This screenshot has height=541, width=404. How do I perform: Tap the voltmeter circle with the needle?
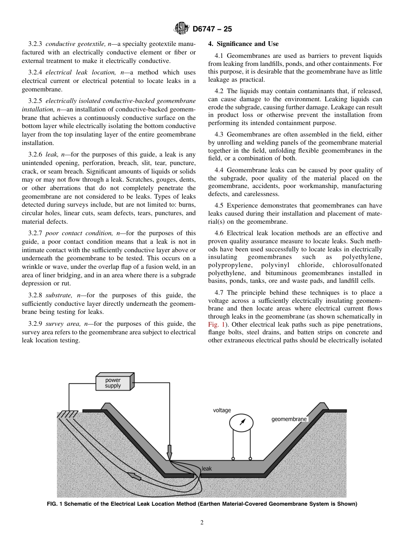coord(241,422)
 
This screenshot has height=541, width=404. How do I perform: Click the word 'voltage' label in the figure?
coord(222,410)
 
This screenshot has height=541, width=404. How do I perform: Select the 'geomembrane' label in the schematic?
coord(289,419)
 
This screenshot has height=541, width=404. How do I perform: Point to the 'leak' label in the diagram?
coord(207,469)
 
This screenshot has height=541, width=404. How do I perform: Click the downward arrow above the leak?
coord(169,451)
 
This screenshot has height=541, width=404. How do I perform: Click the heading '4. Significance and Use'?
coord(243,44)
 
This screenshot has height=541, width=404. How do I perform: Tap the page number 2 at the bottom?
coord(202,523)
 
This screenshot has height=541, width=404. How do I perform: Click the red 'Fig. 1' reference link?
coord(216,325)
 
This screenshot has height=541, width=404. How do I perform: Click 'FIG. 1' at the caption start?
coord(54,504)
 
